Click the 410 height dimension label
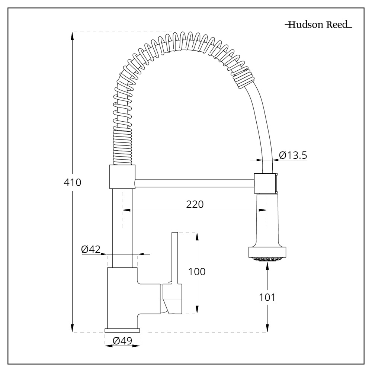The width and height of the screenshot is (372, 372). tap(72, 183)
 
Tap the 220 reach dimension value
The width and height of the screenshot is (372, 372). tap(195, 204)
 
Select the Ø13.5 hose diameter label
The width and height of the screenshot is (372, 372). tap(293, 155)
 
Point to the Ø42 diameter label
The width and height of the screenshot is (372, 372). tap(91, 249)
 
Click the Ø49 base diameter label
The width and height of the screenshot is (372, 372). tap(122, 341)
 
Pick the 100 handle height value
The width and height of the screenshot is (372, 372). tap(197, 272)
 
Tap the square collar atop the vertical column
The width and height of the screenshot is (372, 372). tap(121, 177)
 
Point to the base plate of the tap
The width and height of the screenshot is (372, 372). tap(122, 330)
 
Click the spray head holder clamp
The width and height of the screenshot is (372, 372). tap(265, 183)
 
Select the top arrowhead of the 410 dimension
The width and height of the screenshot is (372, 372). tap(72, 35)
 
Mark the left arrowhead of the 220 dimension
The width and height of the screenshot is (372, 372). tap(126, 210)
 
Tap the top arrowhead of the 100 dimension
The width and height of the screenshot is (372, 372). tap(197, 236)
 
